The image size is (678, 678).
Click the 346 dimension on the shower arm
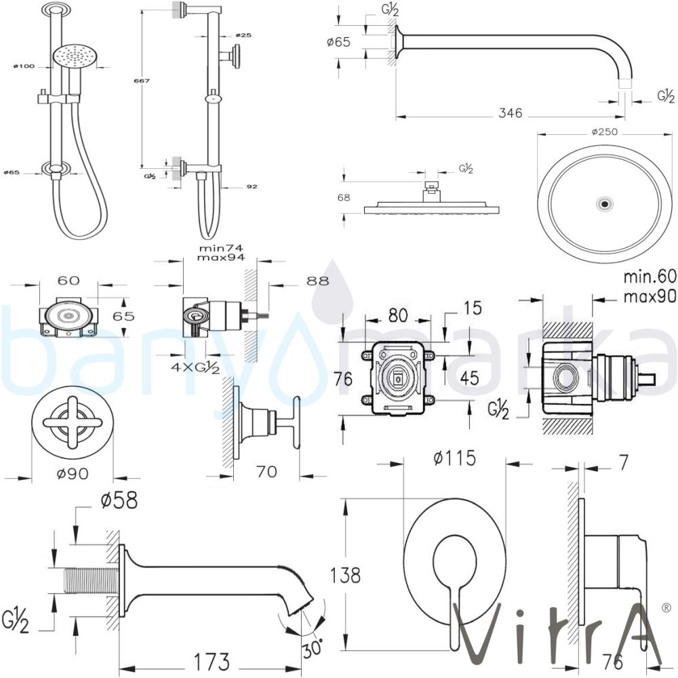click(x=510, y=113)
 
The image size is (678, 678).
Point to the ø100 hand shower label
click(x=23, y=66)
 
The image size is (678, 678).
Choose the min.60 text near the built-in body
click(x=649, y=276)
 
